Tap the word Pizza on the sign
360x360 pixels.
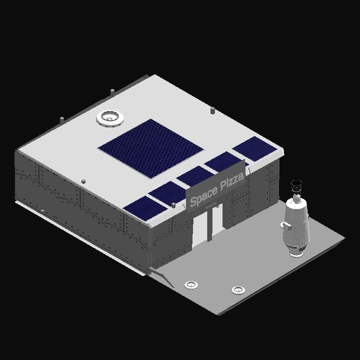click(232, 182)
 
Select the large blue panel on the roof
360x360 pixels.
click(150, 148)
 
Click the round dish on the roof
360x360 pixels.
click(109, 118)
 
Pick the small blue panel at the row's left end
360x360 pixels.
click(145, 208)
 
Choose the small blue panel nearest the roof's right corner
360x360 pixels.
click(254, 148)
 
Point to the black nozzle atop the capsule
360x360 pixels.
click(296, 186)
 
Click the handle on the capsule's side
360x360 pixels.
click(284, 225)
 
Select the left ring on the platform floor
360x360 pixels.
click(191, 285)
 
